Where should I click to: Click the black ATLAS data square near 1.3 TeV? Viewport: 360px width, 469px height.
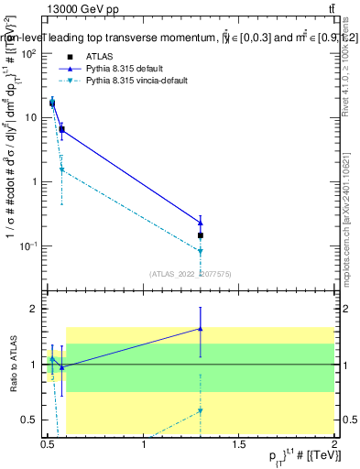[x=201, y=235]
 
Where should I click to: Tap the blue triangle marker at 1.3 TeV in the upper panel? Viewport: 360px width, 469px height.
[x=201, y=223]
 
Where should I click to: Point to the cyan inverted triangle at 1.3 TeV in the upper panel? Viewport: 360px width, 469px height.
[x=201, y=251]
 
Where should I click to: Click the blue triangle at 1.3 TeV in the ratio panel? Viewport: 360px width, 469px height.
[x=201, y=328]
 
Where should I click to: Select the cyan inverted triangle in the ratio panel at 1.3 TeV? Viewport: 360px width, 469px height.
[x=201, y=410]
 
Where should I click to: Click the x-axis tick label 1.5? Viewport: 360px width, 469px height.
[x=240, y=445]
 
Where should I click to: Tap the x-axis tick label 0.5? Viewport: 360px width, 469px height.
[x=48, y=445]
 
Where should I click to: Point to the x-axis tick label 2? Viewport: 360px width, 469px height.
[x=335, y=445]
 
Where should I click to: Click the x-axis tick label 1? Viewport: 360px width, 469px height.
[x=145, y=445]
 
